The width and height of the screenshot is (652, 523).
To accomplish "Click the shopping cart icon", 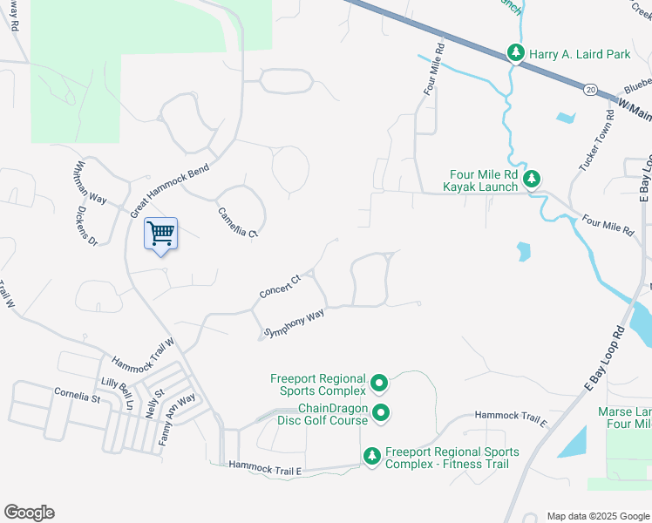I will [160, 234].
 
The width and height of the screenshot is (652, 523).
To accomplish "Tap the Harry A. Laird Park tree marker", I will [516, 54].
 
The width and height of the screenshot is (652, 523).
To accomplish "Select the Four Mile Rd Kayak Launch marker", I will [532, 179].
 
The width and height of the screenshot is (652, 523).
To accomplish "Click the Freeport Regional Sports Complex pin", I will [379, 383].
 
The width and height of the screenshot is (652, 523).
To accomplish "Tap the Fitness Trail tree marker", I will [371, 456].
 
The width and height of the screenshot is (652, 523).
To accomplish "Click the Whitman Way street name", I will [91, 181].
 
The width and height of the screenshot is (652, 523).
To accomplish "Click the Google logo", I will [29, 513].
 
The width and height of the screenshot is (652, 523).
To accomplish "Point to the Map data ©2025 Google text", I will [597, 516].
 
